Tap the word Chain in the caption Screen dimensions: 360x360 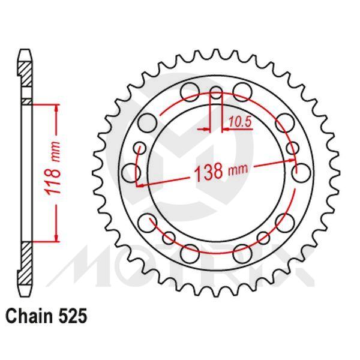(28, 316)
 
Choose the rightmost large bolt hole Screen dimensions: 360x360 (302, 173)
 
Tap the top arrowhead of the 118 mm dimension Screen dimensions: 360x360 (57, 109)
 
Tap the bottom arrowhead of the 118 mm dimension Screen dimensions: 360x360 (57, 236)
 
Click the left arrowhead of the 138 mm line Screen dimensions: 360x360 (140, 184)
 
